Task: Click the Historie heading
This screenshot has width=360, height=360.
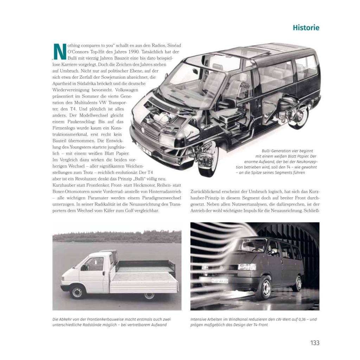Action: tap(306, 28)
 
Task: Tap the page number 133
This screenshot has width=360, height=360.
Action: tap(315, 343)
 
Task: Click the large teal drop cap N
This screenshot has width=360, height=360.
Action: tap(59, 52)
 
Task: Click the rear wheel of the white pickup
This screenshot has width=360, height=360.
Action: tap(149, 295)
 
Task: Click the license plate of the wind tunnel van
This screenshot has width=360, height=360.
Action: tap(219, 281)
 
